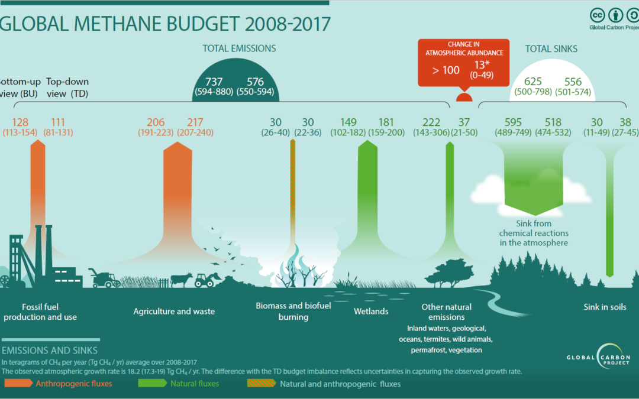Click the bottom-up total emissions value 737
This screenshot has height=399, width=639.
214,82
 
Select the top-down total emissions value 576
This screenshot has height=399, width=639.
251,82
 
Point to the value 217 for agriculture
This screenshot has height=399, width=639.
195,122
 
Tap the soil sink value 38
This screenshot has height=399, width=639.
626,122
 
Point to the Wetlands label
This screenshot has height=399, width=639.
371,312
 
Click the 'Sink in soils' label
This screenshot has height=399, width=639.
604,307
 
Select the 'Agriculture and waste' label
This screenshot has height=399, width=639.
174,312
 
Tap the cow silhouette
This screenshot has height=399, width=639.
181,279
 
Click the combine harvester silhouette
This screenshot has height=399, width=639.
104,278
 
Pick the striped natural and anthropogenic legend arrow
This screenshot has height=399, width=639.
260,384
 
